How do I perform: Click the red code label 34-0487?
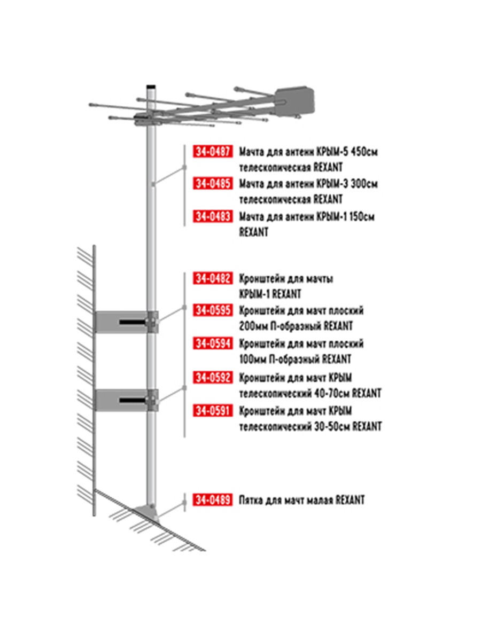pos(213,152)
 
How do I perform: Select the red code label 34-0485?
pos(213,184)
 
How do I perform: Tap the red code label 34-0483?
pos(213,216)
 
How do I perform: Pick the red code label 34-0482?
pos(213,278)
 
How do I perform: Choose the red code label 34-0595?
pos(213,310)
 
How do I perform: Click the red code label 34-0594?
pos(213,343)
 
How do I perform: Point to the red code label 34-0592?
pos(213,378)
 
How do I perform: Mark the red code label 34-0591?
pos(213,411)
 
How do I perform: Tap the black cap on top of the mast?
pos(151,87)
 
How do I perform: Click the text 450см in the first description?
pos(364,152)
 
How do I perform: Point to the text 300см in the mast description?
pos(364,184)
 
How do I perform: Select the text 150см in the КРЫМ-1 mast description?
pos(362,217)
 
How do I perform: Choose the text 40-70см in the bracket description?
pos(332,393)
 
